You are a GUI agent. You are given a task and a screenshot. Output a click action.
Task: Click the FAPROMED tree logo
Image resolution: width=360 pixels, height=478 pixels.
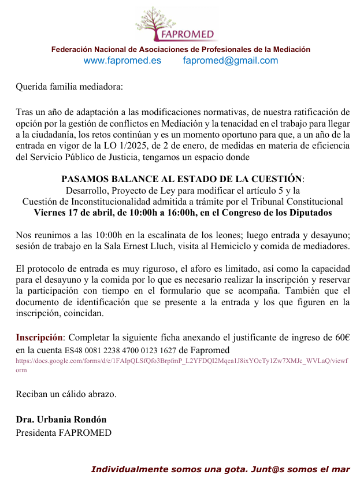tap(175, 24)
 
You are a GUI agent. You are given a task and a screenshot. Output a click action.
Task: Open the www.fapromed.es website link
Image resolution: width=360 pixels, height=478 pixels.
tap(123, 61)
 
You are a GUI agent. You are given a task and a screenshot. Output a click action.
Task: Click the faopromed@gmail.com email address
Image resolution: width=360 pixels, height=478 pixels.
tap(231, 61)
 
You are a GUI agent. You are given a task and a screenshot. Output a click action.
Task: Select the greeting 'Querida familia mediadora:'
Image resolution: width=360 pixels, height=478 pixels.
tap(69, 88)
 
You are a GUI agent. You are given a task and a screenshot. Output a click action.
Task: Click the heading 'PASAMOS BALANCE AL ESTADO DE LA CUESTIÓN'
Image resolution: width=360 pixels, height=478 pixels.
tap(182, 179)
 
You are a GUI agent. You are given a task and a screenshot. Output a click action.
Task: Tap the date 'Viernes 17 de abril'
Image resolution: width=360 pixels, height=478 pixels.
tap(73, 213)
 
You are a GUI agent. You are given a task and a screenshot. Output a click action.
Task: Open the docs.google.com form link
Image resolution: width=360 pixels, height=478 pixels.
tap(181, 361)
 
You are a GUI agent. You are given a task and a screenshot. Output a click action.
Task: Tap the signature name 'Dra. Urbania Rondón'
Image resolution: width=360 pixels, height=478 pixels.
tap(61, 420)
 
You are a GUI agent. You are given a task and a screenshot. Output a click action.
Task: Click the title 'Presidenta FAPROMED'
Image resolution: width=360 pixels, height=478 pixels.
tap(64, 432)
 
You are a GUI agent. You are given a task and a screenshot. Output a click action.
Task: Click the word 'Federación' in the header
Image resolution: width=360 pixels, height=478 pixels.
tap(72, 50)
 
